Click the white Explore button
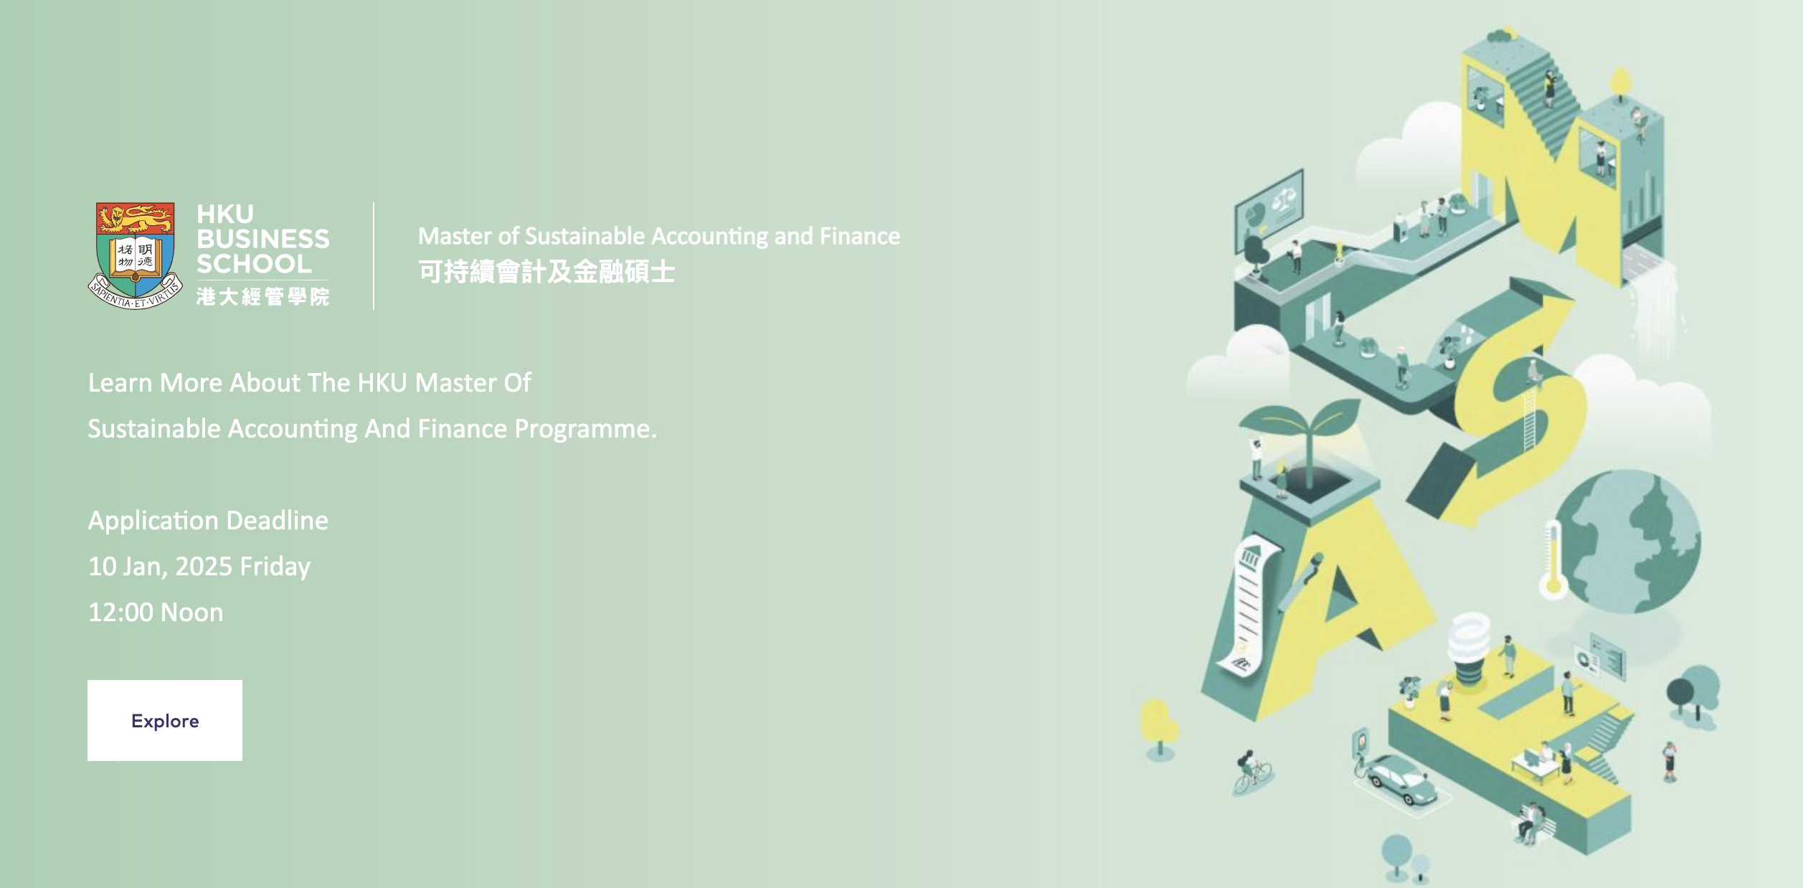point(165,720)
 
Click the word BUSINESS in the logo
point(263,239)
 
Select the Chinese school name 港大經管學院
point(263,296)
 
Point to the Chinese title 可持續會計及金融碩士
point(546,272)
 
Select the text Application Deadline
point(208,520)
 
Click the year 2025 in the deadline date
point(204,567)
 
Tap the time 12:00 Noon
point(156,612)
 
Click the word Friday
point(275,567)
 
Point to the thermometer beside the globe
point(1553,559)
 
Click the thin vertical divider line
point(374,256)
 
